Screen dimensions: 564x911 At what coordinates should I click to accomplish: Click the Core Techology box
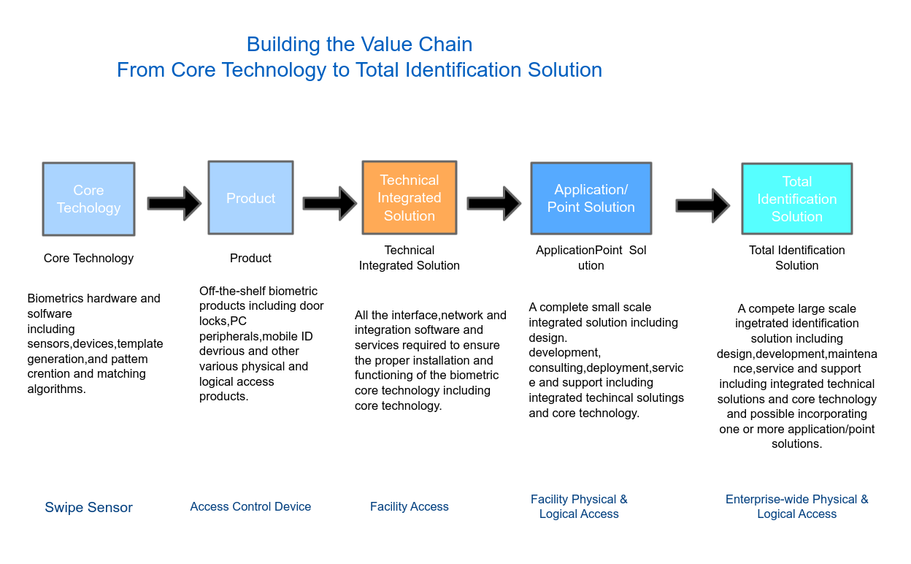coord(88,199)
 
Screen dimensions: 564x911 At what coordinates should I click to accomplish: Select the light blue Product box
coord(250,198)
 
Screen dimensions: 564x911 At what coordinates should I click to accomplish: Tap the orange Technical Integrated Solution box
coord(410,198)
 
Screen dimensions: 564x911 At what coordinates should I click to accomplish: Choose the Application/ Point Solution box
coord(591,199)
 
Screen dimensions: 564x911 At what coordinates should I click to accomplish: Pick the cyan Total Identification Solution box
coord(796,199)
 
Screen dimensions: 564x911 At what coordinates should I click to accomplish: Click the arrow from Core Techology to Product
coord(174,203)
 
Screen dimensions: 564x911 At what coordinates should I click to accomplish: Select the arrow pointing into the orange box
coord(329,203)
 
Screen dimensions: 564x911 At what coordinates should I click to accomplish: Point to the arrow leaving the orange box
coord(493,203)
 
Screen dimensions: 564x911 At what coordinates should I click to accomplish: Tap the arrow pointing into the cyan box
coord(702,205)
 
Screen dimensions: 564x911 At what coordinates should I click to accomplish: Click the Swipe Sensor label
coord(88,508)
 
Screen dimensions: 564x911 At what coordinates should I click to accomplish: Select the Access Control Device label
coord(250,507)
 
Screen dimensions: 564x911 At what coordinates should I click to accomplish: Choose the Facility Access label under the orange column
coord(410,507)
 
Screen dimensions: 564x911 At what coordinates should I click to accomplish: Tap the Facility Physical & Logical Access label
coord(579,507)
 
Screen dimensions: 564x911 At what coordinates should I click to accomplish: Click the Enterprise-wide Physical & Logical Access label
coord(796,507)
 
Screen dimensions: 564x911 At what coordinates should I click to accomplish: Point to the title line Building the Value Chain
coord(359,45)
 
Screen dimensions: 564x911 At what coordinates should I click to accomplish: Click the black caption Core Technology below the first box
coord(88,258)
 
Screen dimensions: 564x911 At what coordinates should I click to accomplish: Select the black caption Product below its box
coord(250,258)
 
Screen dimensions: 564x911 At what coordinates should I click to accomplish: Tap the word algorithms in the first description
coord(55,389)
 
